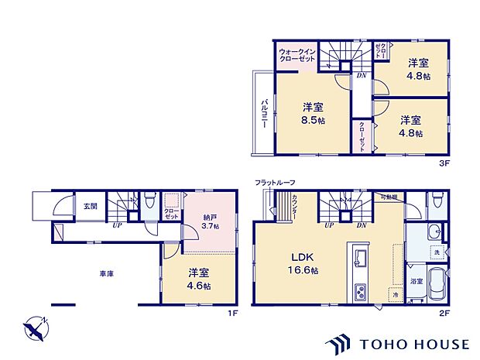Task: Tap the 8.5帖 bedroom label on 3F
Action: [314, 114]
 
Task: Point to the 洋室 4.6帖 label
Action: [199, 278]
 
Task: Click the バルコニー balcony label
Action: [264, 114]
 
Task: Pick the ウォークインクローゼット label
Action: [298, 57]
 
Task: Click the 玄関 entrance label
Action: [91, 207]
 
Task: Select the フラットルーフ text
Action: [275, 182]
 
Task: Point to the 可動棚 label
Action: [389, 197]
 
